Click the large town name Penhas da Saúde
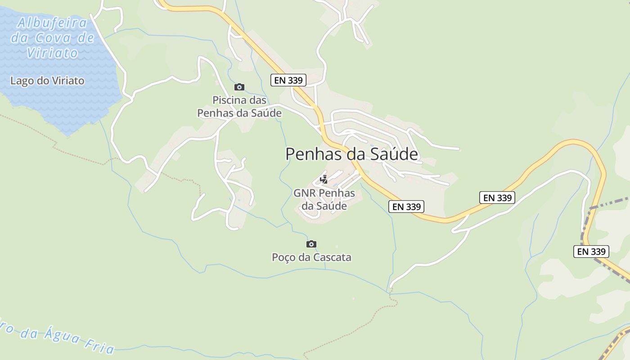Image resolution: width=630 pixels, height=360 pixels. click(x=351, y=154)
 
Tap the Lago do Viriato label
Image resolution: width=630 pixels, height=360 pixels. click(x=47, y=81)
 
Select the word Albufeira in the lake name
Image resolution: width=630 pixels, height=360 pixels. click(x=52, y=22)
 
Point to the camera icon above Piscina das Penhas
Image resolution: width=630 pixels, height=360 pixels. click(x=239, y=87)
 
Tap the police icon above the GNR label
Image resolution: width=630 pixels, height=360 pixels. click(x=324, y=180)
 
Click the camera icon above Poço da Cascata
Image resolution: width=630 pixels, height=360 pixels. click(x=311, y=244)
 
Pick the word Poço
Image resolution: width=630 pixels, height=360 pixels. click(x=284, y=257)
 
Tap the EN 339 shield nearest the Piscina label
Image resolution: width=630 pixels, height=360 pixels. click(x=288, y=80)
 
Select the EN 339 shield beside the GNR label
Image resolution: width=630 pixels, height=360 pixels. click(x=406, y=207)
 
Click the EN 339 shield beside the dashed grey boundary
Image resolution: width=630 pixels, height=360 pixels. click(x=591, y=251)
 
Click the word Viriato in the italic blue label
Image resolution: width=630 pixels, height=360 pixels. click(x=53, y=53)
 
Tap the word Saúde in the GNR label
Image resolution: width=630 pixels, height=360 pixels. click(x=331, y=206)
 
